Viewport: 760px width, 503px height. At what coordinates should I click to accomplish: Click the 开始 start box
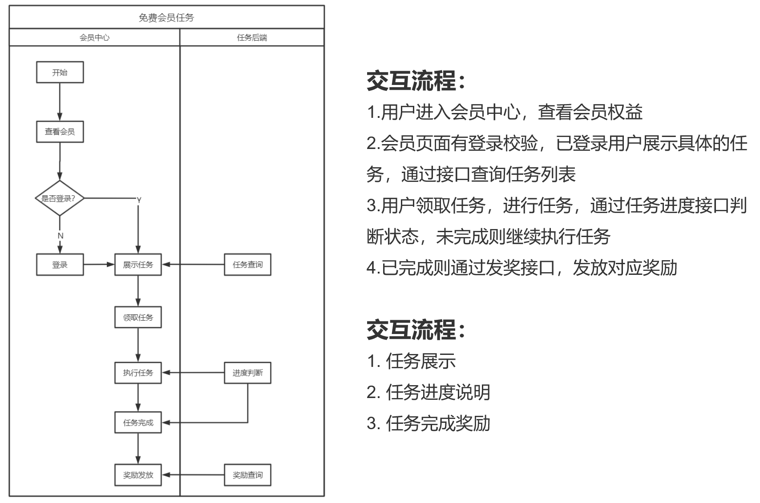pos(60,72)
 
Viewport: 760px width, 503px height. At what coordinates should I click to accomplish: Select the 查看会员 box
pos(60,132)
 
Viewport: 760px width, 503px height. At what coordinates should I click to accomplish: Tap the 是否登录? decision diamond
pos(60,198)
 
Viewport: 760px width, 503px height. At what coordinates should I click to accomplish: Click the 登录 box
pos(60,265)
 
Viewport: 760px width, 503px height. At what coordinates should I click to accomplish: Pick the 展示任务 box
pos(138,265)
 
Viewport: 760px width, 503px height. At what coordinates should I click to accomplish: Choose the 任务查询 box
pos(247,265)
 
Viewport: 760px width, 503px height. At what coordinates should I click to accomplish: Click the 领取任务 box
pos(138,318)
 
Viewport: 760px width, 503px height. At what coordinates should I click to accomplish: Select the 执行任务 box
pos(138,373)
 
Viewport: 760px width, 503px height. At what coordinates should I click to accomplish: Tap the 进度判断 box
pos(247,373)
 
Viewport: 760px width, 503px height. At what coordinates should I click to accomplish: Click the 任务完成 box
pos(138,423)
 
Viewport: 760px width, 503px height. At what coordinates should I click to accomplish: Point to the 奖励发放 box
pos(138,475)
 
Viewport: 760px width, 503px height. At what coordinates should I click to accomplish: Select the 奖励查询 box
pos(247,475)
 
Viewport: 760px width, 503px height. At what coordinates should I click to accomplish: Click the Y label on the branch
pos(139,200)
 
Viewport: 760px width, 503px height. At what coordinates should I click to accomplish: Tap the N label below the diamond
pos(61,236)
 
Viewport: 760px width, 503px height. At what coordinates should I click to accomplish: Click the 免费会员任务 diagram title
pos(166,18)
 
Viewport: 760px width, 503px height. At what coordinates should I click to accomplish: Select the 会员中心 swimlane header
pos(94,38)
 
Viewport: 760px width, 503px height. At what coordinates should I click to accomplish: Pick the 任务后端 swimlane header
pos(252,38)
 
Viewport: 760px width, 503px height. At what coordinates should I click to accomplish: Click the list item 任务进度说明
pos(438,392)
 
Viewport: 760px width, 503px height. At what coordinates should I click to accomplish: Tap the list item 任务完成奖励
pos(438,423)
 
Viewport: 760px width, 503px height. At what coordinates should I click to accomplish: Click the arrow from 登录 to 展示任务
pos(99,265)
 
